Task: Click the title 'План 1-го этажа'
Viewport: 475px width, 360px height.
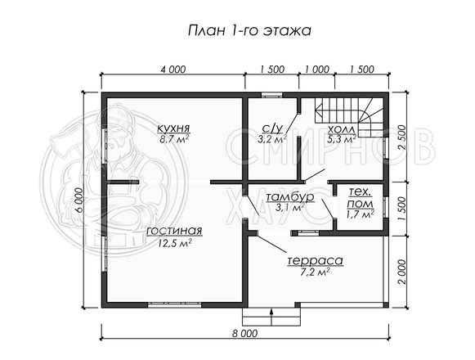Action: coord(249,31)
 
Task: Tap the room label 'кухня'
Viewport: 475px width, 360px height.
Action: coord(173,128)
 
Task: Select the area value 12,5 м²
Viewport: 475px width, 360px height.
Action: coord(174,243)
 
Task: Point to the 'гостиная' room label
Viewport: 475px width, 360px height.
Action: coord(174,231)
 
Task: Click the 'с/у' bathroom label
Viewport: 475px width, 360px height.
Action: coord(272,129)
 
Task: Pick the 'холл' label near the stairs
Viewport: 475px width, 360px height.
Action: coord(341,129)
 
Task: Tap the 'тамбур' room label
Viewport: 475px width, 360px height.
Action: coord(290,197)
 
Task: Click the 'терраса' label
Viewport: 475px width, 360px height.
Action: coord(315,260)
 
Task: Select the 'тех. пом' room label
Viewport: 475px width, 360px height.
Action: coord(360,198)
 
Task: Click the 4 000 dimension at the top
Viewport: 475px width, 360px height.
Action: coord(173,70)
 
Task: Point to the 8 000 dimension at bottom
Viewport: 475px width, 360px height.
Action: coord(244,333)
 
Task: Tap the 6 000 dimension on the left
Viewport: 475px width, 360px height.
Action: coord(78,200)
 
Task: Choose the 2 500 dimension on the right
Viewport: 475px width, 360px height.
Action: coord(401,137)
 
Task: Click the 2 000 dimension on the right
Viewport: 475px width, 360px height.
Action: coord(401,272)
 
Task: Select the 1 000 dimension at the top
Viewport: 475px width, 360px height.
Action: coord(317,70)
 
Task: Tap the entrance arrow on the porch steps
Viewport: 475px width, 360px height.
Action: coord(271,317)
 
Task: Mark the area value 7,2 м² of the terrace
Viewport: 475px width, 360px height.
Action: coord(314,272)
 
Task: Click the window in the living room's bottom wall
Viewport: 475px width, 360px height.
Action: coord(174,305)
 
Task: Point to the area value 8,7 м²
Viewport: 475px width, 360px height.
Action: coord(174,139)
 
